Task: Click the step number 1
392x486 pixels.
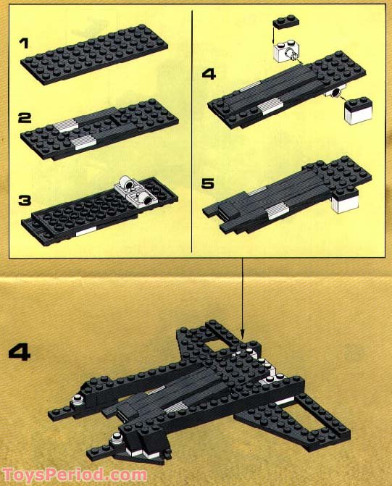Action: tap(24, 44)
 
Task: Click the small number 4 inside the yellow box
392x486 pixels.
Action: tap(209, 73)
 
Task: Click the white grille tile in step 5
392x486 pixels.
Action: tap(276, 211)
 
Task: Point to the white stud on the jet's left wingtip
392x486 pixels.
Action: tap(76, 402)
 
